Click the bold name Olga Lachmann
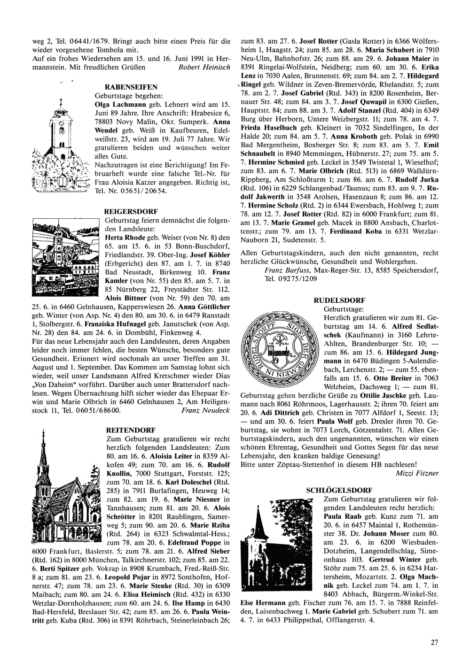[116, 104]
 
